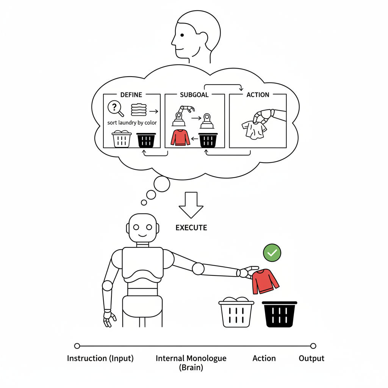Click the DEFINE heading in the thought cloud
pos(131,94)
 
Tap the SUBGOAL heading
pos(194,95)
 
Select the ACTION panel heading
pos(258,95)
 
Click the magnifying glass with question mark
pos(115,108)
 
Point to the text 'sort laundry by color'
pos(132,123)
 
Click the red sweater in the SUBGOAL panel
pos(180,137)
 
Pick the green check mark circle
pos(272,252)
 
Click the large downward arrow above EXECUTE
pos(191,205)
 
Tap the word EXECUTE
pos(191,228)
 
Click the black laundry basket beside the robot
pos(280,314)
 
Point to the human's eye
pos(182,35)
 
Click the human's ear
pos(203,38)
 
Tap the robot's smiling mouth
pos(142,235)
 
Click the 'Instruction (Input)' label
pos(100,358)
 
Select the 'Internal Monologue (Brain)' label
pos(191,362)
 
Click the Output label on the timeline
pos(311,358)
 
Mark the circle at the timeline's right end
pos(313,346)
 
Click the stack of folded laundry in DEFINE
pos(139,110)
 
